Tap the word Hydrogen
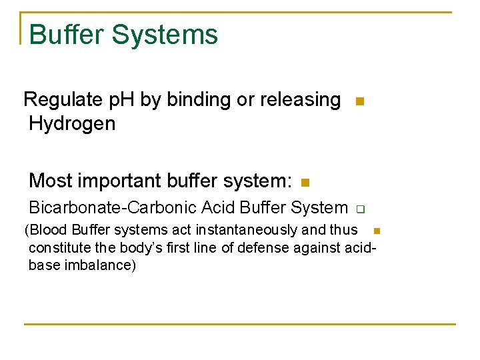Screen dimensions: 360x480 pyautogui.click(x=72, y=123)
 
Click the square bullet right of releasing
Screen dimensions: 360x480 pyautogui.click(x=359, y=102)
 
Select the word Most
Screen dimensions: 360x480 pyautogui.click(x=51, y=181)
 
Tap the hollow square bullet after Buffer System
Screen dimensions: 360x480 pyautogui.click(x=357, y=209)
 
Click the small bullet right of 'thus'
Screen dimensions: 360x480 pyautogui.click(x=375, y=231)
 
